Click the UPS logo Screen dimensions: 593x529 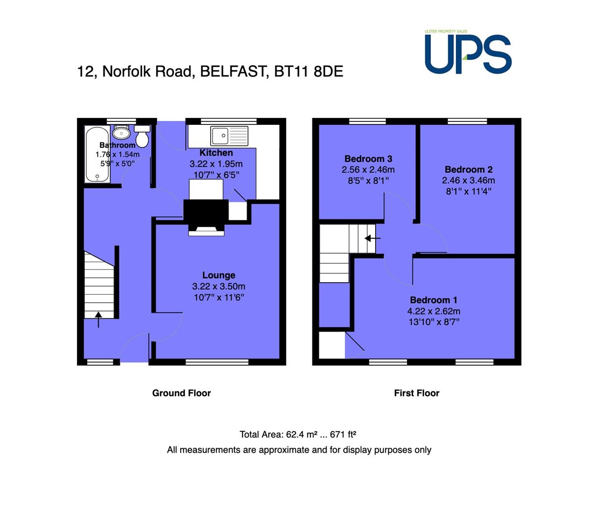pos(468,52)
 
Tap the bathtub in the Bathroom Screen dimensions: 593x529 pos(97,154)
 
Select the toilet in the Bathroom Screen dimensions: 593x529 pos(142,136)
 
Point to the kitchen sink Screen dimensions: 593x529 pos(229,136)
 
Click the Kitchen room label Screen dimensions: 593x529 pos(216,152)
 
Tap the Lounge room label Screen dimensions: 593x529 pos(219,275)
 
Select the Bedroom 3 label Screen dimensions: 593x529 pos(368,159)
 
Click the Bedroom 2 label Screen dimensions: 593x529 pos(468,169)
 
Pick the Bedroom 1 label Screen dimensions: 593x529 pos(433,300)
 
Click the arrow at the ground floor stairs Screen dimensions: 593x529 pos(98,319)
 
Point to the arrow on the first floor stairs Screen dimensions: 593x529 pos(372,239)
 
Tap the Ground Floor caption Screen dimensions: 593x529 pos(182,393)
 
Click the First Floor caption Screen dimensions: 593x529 pos(417,393)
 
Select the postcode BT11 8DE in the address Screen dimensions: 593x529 pos(308,71)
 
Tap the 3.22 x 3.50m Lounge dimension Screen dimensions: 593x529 pos(219,286)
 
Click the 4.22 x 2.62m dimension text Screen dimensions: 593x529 pos(433,311)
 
